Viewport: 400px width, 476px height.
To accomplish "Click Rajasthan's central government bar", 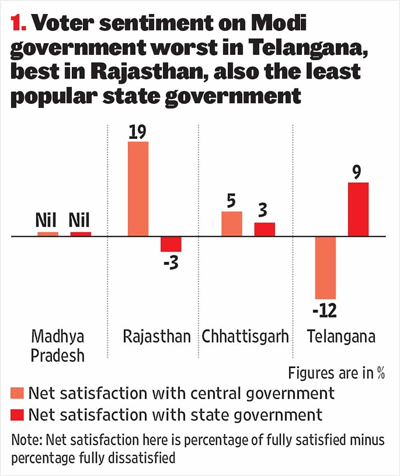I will (138, 189).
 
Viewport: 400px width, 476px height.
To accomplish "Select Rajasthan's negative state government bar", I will (171, 244).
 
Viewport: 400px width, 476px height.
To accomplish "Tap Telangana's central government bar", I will (325, 268).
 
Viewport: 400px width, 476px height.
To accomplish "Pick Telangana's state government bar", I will (358, 209).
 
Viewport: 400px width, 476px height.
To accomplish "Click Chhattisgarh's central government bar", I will (232, 224).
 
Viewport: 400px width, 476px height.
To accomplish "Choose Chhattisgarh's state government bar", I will (265, 229).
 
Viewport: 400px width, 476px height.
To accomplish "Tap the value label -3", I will (171, 263).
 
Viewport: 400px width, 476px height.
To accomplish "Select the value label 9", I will (359, 172).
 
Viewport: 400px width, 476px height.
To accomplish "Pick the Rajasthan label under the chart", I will (157, 336).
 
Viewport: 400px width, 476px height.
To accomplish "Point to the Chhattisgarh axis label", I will (245, 336).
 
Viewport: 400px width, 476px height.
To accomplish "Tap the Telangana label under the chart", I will (341, 336).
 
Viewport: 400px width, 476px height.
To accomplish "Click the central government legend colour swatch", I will (17, 393).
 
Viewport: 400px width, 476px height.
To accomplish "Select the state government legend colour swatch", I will (17, 415).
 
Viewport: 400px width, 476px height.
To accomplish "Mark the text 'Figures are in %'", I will (338, 373).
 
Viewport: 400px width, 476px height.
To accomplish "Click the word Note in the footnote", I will (25, 441).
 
